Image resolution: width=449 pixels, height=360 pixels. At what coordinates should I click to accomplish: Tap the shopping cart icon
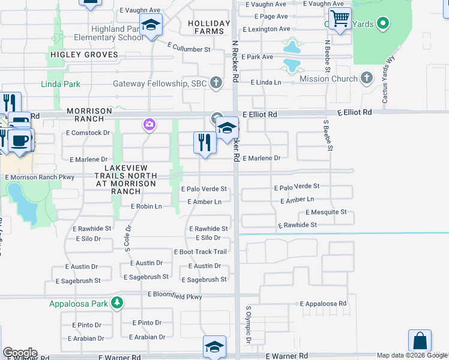point(340,19)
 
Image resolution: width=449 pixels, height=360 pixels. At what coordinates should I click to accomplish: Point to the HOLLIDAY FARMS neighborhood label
point(209,28)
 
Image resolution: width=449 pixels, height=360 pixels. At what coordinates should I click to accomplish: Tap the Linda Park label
point(61,85)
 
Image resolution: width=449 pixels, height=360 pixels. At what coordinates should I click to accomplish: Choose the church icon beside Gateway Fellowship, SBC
point(215,83)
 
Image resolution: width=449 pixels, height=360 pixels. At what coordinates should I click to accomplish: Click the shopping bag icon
point(420,340)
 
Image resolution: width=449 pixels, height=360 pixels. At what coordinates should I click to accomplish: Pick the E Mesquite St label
point(326,212)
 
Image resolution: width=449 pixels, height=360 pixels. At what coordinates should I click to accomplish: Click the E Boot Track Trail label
point(200,252)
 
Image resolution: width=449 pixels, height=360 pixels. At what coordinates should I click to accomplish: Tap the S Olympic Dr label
point(248,325)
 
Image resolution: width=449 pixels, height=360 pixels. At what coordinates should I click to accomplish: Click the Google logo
point(20,353)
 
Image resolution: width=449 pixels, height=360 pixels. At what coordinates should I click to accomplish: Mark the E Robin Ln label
point(146,206)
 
